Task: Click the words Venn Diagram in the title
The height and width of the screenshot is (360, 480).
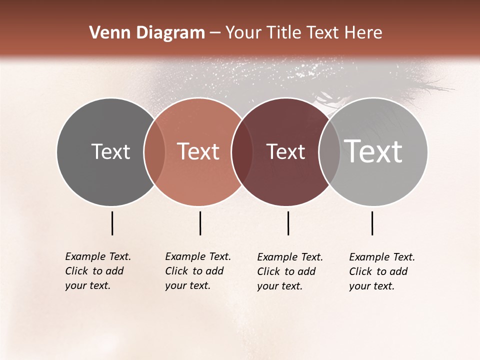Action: (147, 33)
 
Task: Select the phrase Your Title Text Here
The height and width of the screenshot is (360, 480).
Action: (303, 33)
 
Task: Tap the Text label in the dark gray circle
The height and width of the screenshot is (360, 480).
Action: (110, 151)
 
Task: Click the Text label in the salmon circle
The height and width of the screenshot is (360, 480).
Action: (198, 151)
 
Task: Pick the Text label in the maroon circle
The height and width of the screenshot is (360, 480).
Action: (285, 151)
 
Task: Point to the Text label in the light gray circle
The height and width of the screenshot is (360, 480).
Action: (373, 151)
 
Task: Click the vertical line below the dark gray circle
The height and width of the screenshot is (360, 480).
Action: (112, 223)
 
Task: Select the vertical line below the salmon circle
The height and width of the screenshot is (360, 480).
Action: (200, 223)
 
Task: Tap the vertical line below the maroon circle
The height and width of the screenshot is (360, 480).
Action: (288, 223)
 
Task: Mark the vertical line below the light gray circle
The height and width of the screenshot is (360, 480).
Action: (372, 223)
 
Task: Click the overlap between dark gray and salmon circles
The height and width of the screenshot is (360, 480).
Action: (154, 151)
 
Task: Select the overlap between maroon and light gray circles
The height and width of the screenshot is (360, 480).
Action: (329, 151)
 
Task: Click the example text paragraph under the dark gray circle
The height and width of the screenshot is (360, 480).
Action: (98, 271)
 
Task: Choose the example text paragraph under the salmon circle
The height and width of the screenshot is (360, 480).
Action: (198, 271)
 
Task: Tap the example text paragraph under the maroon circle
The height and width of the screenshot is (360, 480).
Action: (290, 271)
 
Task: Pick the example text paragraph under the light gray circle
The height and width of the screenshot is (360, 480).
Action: (382, 271)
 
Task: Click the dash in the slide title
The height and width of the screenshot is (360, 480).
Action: (215, 33)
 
